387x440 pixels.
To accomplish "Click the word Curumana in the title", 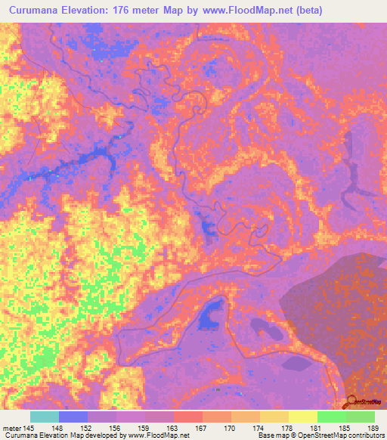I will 38,11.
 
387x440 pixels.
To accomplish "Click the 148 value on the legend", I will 58,427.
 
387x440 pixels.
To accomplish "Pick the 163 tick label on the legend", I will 174,427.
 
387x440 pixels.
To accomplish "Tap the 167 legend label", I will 203,427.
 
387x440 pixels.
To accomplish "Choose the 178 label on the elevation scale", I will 289,427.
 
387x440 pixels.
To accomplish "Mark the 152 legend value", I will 88,427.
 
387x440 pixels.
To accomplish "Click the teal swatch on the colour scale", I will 45,417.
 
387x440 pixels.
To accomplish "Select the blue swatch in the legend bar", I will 73,417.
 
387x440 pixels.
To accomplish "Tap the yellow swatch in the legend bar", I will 303,417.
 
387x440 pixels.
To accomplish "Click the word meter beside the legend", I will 11,427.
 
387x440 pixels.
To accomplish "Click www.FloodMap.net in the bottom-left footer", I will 159,436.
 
